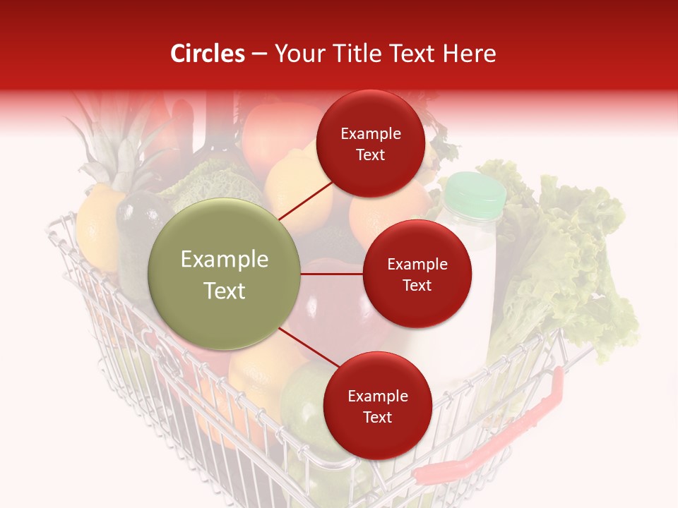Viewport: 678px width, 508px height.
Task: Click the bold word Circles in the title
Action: (207, 54)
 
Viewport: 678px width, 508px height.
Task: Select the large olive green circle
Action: (225, 274)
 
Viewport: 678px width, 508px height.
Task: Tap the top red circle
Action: (370, 143)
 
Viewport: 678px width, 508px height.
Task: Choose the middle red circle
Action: (417, 274)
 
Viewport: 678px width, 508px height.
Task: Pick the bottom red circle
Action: (377, 406)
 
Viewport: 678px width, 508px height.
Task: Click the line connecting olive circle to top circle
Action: (306, 200)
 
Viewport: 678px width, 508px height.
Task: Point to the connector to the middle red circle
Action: (332, 274)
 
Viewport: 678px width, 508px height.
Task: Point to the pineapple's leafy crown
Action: (113, 141)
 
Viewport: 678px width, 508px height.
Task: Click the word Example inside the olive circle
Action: (225, 260)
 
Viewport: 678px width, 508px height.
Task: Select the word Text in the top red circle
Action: (370, 155)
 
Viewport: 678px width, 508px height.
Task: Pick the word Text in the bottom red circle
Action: (377, 417)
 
